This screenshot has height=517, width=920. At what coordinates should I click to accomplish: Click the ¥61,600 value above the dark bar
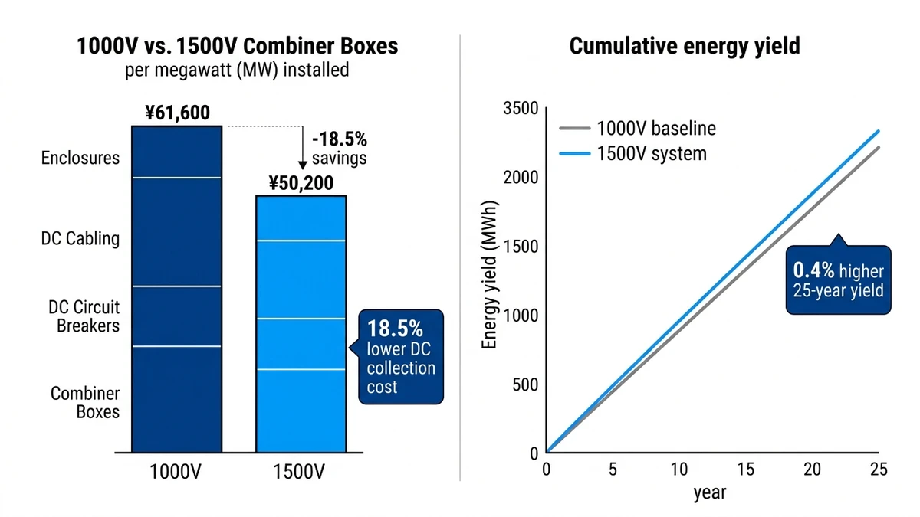177,113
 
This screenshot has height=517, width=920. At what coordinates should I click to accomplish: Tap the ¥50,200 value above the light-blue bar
301,183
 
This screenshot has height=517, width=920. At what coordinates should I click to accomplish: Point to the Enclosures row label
80,159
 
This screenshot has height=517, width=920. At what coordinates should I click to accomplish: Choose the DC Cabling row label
80,239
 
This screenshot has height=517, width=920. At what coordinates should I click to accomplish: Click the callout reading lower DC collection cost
400,357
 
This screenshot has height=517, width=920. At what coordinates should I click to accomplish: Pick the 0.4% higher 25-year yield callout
839,280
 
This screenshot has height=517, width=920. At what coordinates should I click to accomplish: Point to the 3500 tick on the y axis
521,109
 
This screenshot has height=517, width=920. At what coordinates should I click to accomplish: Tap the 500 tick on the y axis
525,384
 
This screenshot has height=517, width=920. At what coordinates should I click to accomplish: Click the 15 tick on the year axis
746,469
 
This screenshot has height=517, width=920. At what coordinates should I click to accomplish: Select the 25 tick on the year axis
879,469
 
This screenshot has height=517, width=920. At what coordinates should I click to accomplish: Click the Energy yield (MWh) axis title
490,274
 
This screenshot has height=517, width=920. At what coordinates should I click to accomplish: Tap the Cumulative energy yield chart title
685,45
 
